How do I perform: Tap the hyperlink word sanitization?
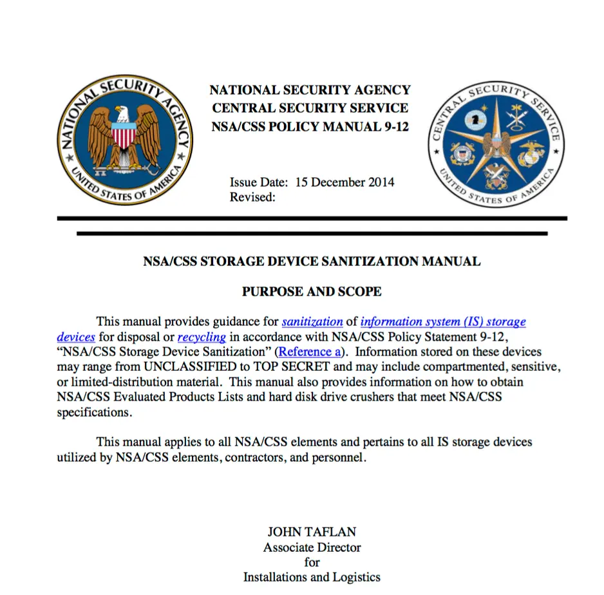point(312,321)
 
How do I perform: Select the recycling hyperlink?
point(202,337)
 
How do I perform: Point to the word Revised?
point(252,197)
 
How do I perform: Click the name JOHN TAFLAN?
point(312,532)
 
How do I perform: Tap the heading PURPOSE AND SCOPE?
point(312,292)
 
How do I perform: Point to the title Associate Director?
point(312,547)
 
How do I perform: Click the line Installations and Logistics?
point(312,577)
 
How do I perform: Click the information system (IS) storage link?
point(443,321)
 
